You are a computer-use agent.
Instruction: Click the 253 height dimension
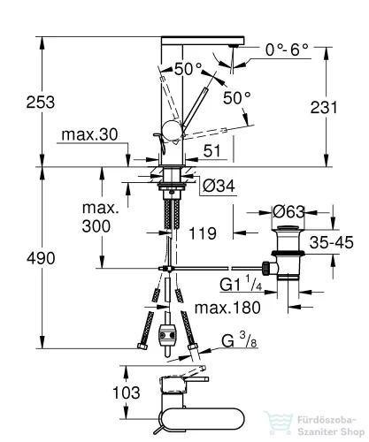41,103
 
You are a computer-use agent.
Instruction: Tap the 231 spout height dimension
324,107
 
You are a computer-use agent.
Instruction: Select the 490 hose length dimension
41,258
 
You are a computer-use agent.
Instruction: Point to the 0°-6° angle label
287,50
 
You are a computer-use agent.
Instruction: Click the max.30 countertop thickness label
89,134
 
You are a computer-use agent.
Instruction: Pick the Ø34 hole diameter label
219,186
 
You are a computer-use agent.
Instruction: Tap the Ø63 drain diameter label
288,211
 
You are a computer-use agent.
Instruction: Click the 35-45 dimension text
331,242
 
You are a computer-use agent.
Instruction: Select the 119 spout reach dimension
203,233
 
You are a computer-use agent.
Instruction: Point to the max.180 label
227,308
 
